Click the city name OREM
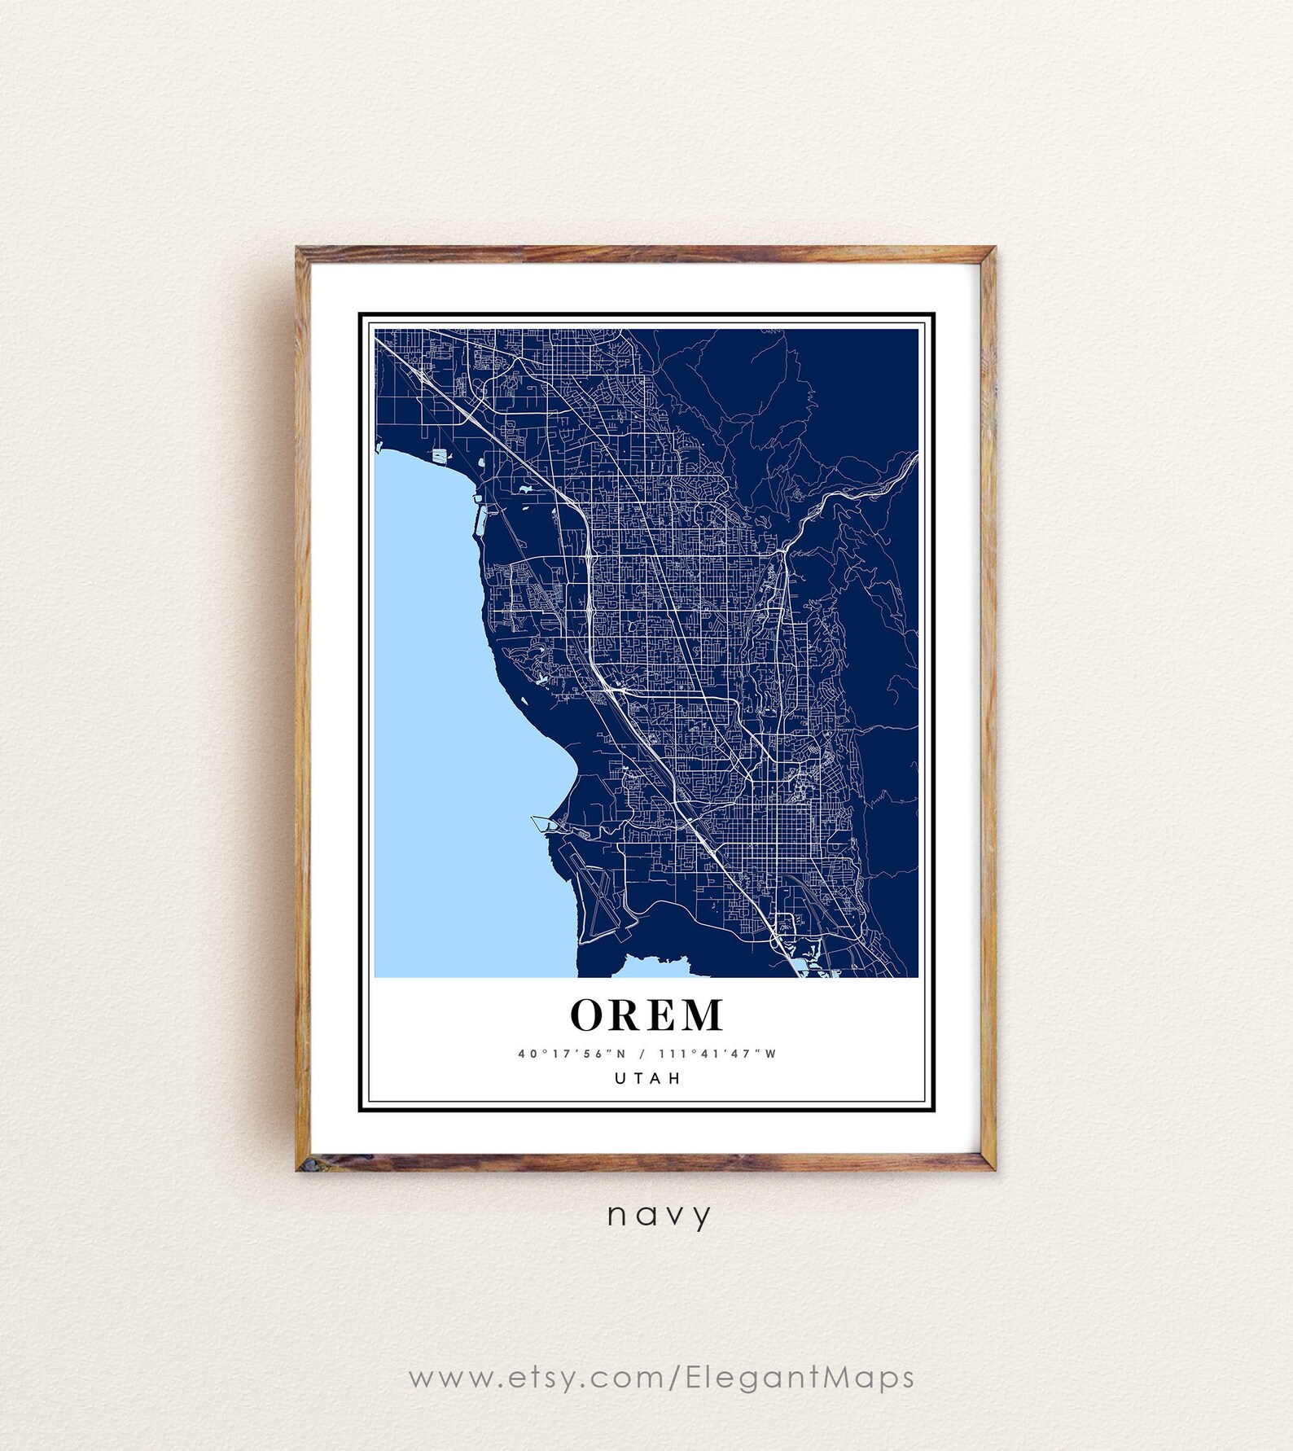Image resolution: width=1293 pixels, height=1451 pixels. (646, 1015)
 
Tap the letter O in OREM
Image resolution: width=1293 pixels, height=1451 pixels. (587, 1015)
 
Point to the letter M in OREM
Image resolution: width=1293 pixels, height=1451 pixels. (701, 1015)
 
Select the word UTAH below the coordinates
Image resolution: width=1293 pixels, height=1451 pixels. (647, 1078)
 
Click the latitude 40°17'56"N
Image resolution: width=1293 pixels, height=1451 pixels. (572, 1054)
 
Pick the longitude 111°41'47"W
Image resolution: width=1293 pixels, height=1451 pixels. (717, 1054)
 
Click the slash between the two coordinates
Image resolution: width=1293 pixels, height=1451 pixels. (642, 1054)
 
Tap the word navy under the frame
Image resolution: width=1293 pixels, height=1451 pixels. (659, 1216)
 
